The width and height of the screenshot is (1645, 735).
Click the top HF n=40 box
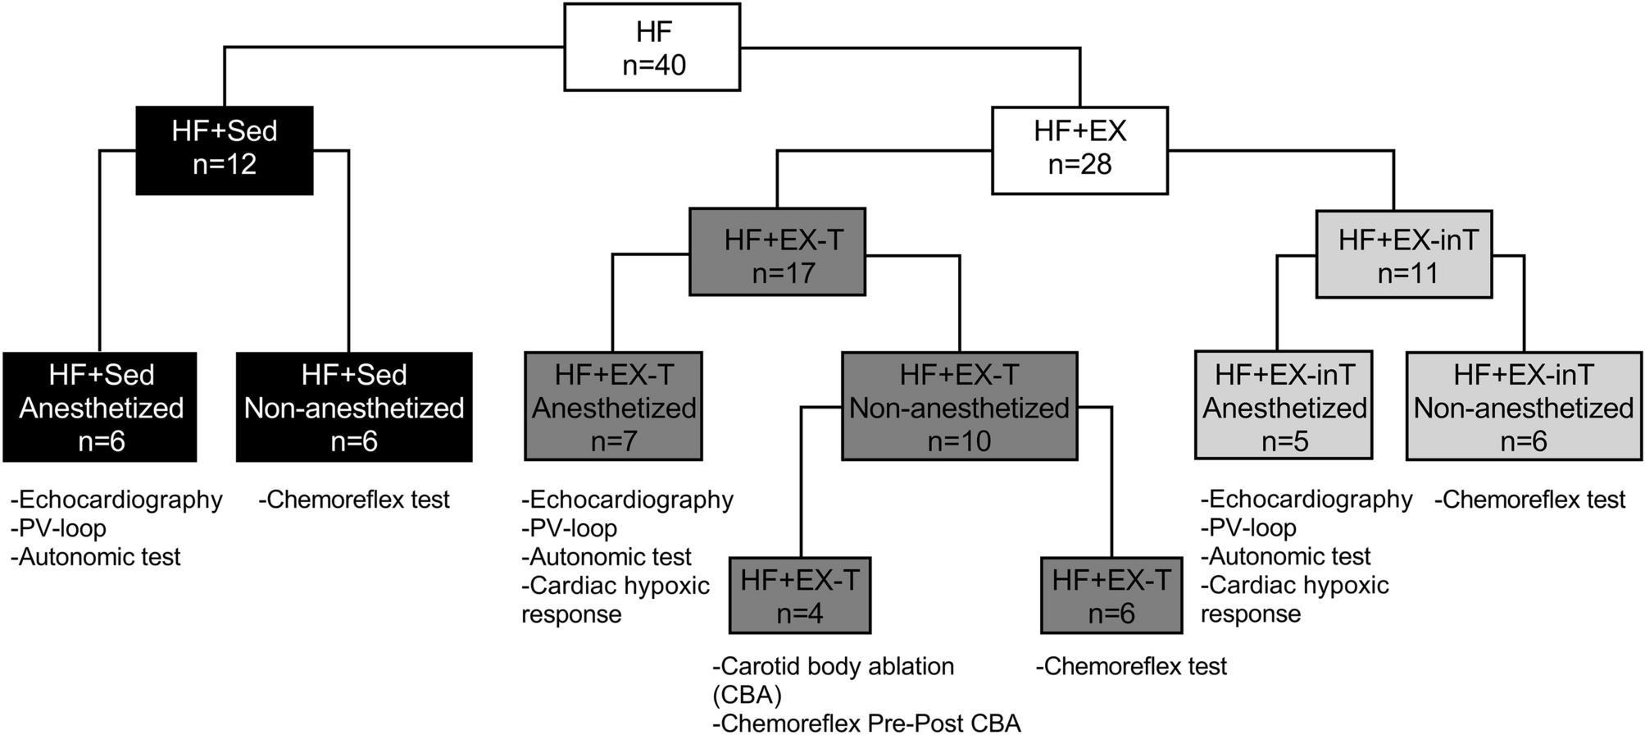(652, 48)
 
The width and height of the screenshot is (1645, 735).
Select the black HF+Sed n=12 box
(224, 150)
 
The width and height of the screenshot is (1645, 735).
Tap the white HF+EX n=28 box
(1079, 150)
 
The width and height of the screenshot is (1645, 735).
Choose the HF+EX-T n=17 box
(777, 253)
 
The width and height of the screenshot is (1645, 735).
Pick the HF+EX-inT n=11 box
(1403, 254)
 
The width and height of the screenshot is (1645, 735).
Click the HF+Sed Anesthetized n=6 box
(100, 407)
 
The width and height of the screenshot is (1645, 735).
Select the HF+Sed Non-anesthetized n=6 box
(354, 407)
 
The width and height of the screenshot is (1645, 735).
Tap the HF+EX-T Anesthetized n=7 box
(613, 407)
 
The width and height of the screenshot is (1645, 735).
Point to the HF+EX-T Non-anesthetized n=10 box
(959, 407)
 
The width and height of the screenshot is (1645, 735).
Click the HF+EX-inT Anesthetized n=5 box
(1284, 407)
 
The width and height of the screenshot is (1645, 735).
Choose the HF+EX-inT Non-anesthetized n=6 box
(1524, 407)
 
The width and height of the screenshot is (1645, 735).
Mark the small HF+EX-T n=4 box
(799, 596)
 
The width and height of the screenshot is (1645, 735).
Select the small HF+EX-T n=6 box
(1111, 596)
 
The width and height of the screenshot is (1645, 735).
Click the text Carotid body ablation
(834, 667)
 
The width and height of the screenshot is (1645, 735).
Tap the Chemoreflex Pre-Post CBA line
(867, 723)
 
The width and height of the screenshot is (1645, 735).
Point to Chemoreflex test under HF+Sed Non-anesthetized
(354, 500)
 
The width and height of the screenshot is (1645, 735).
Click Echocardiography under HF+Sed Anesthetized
(116, 500)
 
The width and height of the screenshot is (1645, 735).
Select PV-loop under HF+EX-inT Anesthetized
(1248, 528)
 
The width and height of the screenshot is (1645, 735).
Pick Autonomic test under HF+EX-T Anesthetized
(607, 557)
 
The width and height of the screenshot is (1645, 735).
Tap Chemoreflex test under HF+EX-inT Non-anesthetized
(1529, 500)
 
